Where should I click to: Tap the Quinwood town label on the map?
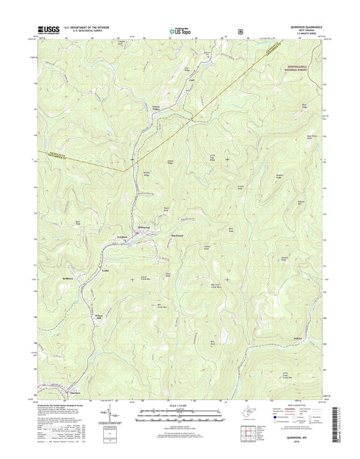click(147, 227)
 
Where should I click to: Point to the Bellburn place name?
click(66, 278)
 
